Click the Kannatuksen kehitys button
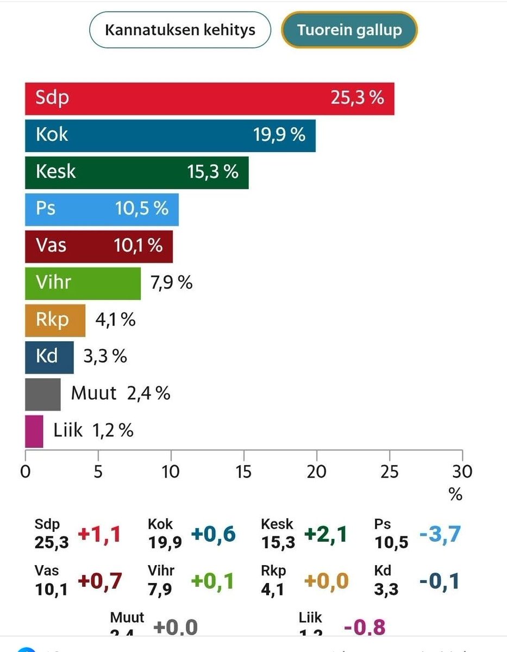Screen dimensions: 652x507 point(180,29)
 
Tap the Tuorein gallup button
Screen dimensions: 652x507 point(349,29)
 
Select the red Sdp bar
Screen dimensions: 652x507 point(209,98)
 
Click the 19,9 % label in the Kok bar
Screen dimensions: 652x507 point(279,135)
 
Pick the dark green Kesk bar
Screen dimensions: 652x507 point(136,172)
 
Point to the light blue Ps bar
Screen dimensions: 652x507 point(102,209)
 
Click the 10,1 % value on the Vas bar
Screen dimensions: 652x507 point(138,246)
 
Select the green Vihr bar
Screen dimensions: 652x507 point(83,283)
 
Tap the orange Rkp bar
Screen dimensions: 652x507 point(55,320)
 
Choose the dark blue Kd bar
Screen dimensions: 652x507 point(49,357)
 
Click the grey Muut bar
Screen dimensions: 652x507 point(42,394)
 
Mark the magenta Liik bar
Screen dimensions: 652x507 point(34,431)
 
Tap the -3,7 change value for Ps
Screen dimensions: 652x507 point(440,535)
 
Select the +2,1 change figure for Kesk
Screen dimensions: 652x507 point(326,535)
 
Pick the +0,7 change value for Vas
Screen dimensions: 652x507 point(99,581)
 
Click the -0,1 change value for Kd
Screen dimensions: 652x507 point(439,581)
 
